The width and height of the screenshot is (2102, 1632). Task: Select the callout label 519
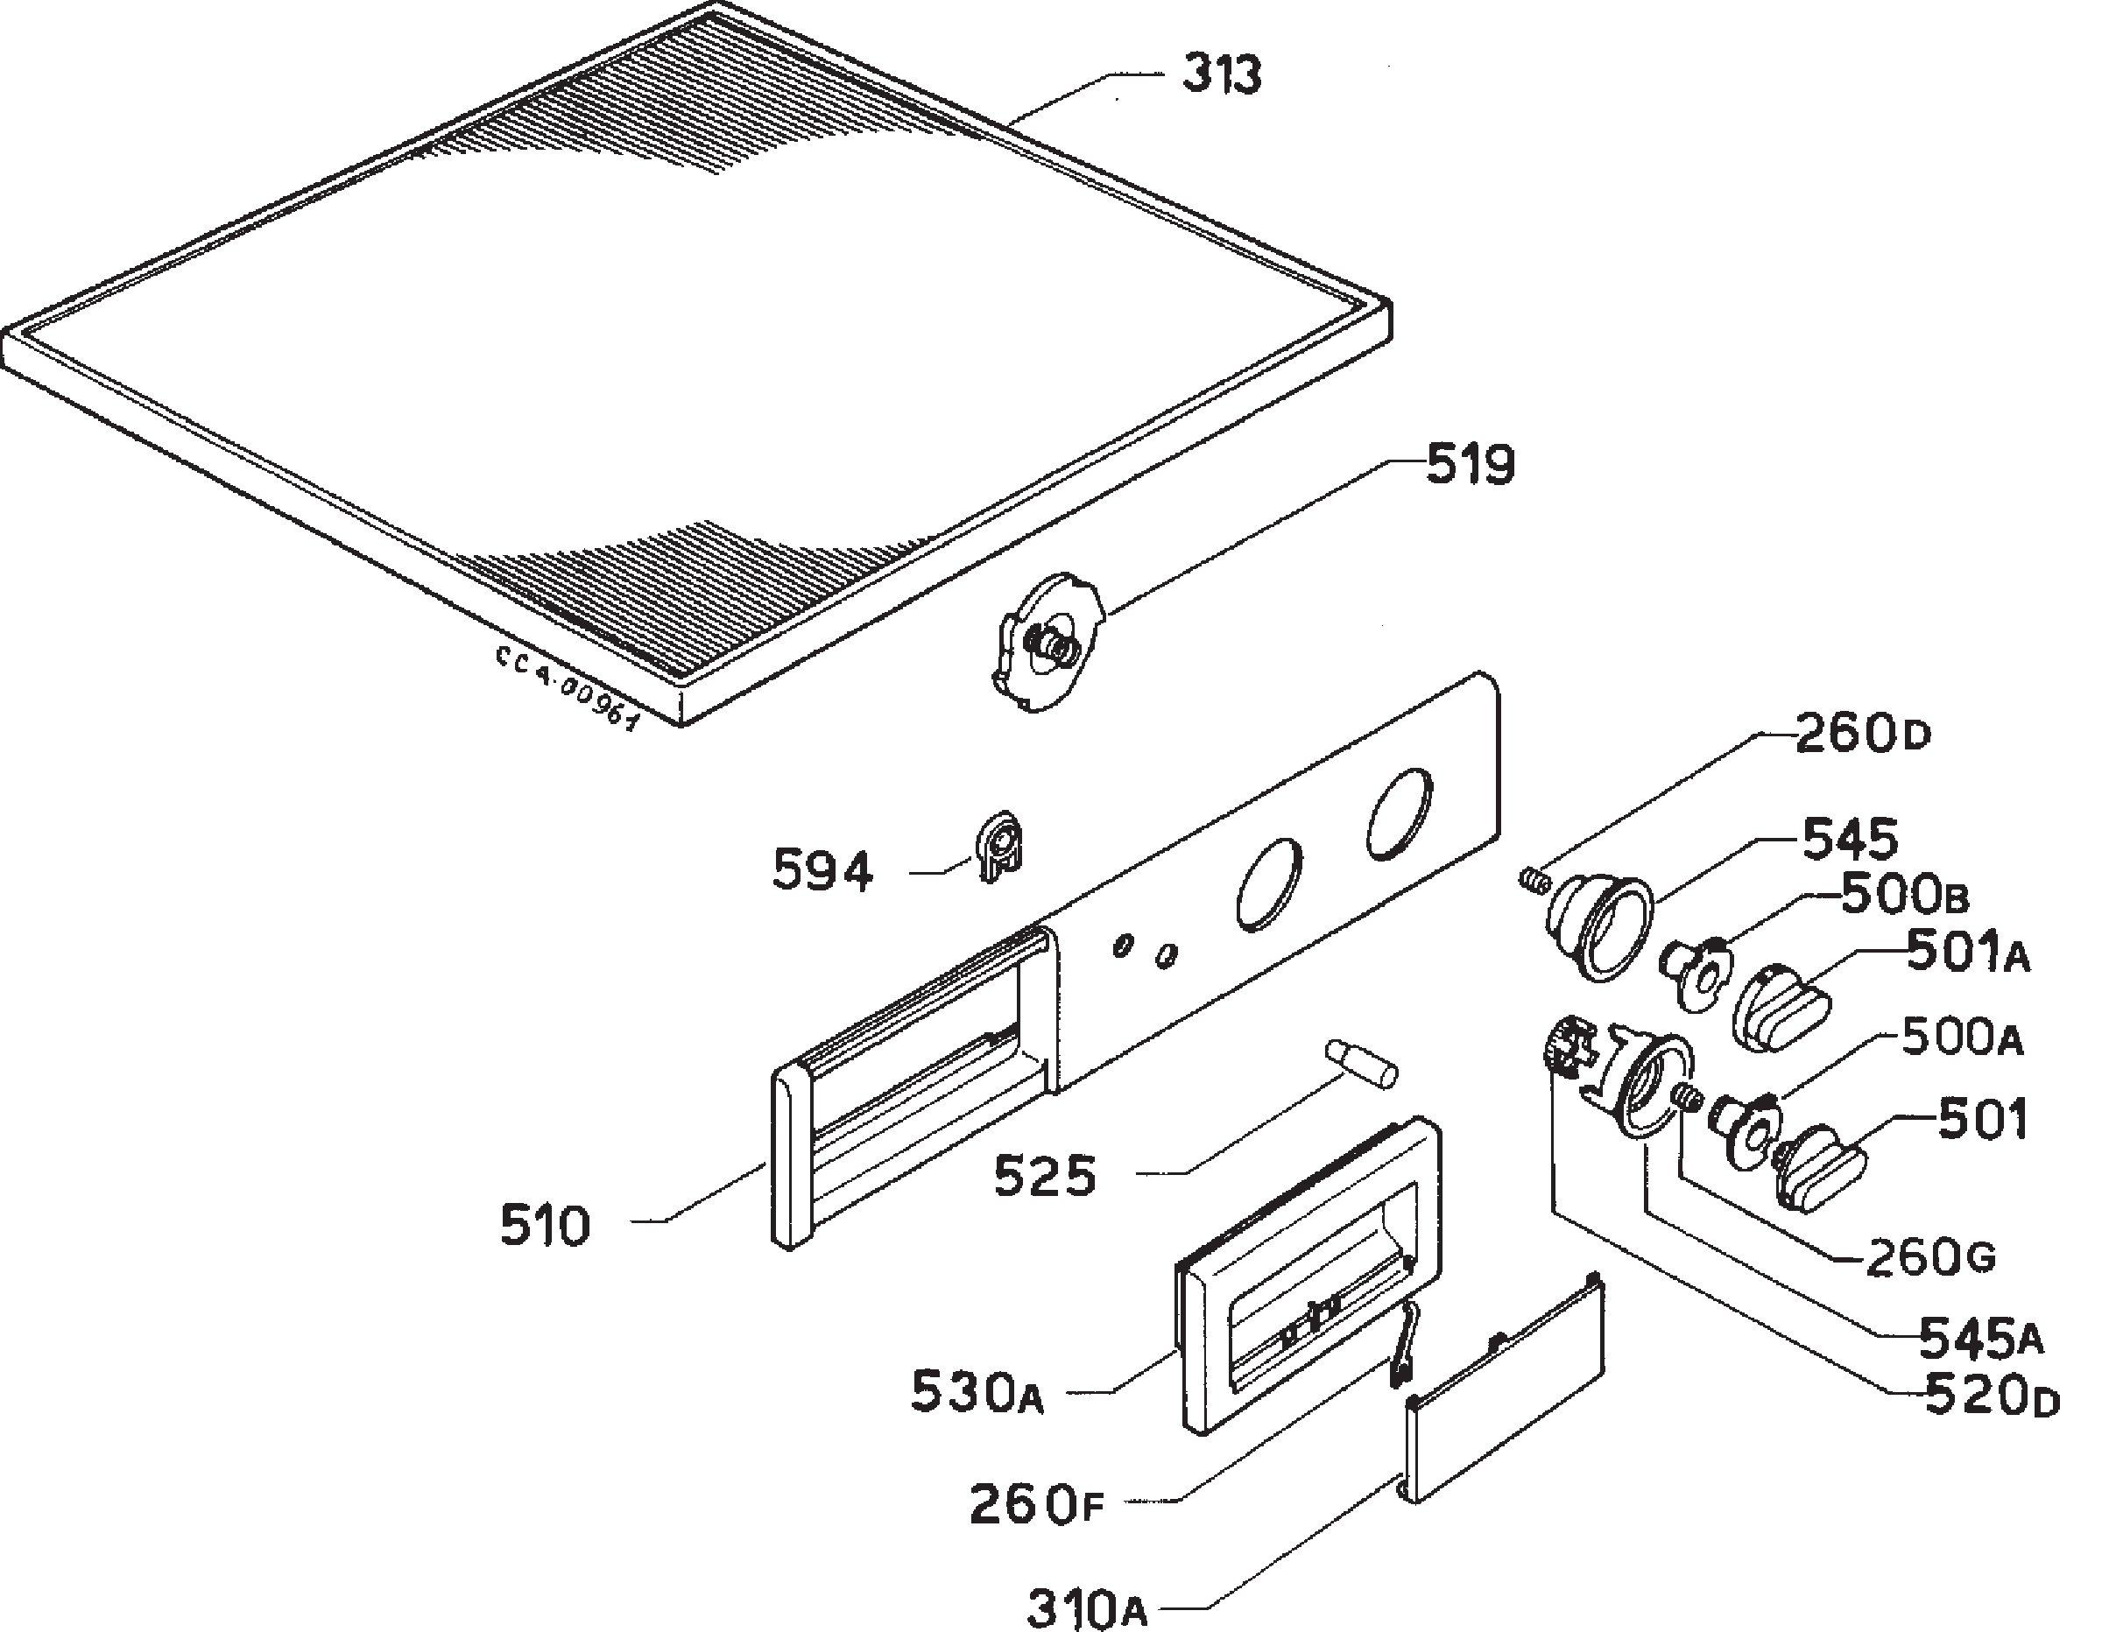pos(1470,465)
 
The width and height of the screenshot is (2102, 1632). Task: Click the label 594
pos(823,871)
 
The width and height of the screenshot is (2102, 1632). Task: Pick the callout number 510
pos(545,1226)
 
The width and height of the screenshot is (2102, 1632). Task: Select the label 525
pos(1045,1176)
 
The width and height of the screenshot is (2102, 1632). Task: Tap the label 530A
pos(977,1392)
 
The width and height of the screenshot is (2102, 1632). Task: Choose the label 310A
pos(1087,1608)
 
